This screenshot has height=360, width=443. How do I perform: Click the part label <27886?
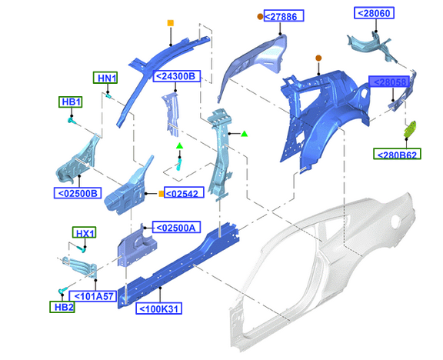pyautogui.click(x=284, y=16)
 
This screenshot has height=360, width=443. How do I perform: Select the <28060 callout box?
pyautogui.click(x=374, y=13)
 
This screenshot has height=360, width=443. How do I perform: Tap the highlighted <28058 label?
pyautogui.click(x=389, y=82)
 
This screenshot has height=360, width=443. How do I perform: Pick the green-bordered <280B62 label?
pyautogui.click(x=397, y=154)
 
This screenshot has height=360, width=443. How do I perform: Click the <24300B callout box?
pyautogui.click(x=177, y=76)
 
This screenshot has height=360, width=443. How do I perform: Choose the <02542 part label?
pyautogui.click(x=184, y=193)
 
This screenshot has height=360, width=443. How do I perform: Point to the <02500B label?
pyautogui.click(x=78, y=193)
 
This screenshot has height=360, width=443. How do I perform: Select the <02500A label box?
pyautogui.click(x=176, y=227)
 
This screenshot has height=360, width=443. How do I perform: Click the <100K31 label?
pyautogui.click(x=158, y=308)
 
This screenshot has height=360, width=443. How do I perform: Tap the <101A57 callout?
pyautogui.click(x=93, y=296)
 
